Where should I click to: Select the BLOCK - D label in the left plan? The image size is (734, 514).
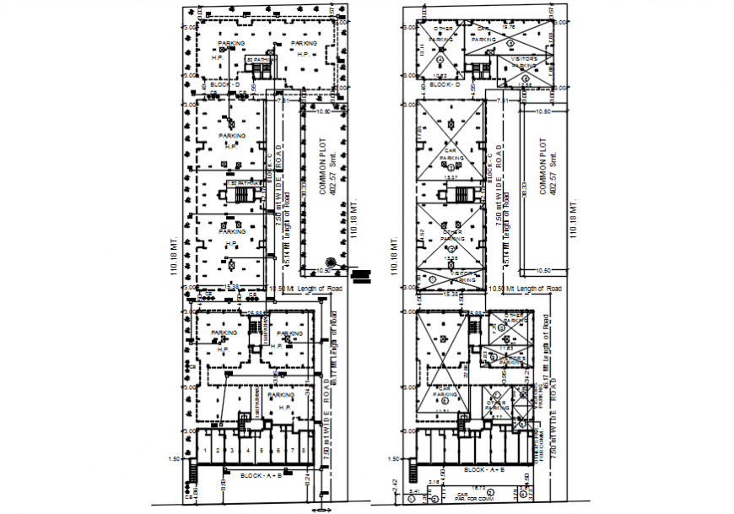tap(225, 85)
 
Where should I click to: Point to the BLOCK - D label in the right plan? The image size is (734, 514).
tap(444, 85)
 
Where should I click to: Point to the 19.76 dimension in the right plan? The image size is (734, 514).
tap(508, 27)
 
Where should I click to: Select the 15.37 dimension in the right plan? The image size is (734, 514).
tap(451, 177)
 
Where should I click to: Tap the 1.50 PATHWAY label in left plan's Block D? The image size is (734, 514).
tap(259, 60)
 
